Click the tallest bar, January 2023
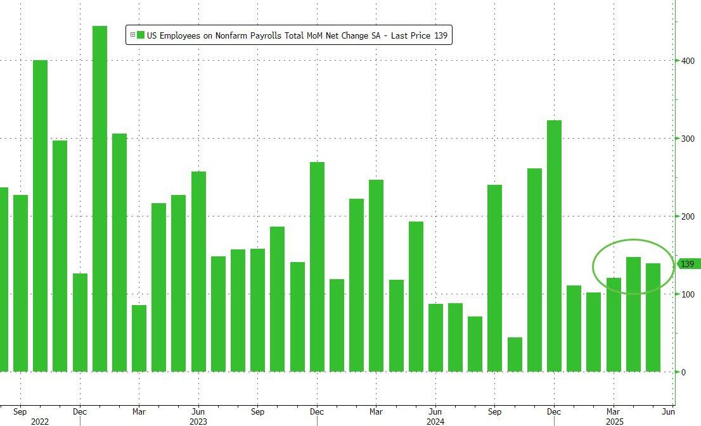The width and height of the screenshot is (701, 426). tap(100, 199)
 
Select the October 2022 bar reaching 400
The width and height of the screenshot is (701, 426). tap(40, 216)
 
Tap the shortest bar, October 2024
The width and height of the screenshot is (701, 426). tap(515, 354)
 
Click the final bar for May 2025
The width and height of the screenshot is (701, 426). tap(653, 317)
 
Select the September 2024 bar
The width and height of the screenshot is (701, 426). tap(494, 278)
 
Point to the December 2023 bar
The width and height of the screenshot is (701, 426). tap(317, 266)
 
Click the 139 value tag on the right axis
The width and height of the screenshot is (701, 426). tap(688, 264)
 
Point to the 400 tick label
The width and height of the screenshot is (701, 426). tap(688, 61)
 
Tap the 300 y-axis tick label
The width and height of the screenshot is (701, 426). tap(688, 139)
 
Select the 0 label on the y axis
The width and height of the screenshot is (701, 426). tap(683, 372)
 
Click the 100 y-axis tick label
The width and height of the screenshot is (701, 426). tap(688, 294)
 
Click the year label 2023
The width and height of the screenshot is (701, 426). tap(198, 421)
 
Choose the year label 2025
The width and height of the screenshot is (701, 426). tap(614, 421)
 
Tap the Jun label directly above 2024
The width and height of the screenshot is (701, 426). tap(435, 411)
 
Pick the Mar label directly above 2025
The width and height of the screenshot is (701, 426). tap(614, 411)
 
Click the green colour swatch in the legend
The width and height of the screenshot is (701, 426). tap(141, 35)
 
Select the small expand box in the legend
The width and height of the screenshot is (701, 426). tap(132, 35)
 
